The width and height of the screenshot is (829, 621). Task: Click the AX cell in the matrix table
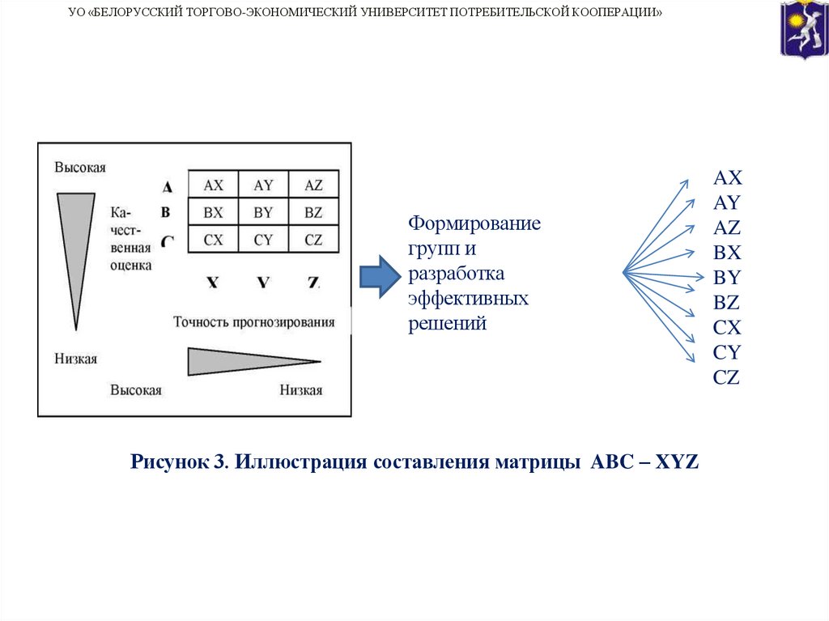point(213,185)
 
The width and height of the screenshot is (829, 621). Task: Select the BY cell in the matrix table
point(263,213)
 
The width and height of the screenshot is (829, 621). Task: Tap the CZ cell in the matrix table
point(313,240)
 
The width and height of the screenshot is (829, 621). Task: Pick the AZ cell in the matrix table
point(313,185)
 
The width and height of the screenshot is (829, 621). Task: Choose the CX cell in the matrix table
point(213,240)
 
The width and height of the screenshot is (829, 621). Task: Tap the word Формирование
point(474,222)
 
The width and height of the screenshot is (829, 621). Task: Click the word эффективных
point(468,299)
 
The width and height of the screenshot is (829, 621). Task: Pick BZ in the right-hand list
point(727,303)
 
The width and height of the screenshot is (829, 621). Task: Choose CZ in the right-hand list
point(727,377)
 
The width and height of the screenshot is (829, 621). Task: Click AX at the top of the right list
point(728,178)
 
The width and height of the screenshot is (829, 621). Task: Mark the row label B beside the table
point(166,213)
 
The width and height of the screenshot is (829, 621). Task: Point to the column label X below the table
point(212,283)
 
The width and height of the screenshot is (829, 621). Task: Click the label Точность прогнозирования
point(253,322)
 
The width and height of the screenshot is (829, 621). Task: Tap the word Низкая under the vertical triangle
point(76,359)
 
